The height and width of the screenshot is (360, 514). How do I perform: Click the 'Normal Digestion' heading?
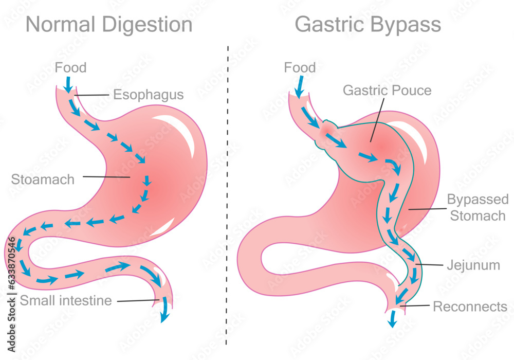(109, 25)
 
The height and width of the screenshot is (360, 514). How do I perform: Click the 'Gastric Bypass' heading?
(368, 25)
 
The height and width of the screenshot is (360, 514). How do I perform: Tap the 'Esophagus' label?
(148, 95)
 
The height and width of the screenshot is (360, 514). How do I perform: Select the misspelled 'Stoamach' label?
(43, 179)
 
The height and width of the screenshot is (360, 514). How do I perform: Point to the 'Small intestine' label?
(66, 300)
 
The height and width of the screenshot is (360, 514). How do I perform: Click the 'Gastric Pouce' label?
(387, 91)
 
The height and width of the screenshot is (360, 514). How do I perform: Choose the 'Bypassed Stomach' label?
(478, 207)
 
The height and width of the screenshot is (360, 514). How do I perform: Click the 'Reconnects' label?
(470, 307)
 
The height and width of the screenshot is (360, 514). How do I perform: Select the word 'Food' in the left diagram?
(70, 67)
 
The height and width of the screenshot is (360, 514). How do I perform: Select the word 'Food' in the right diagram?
(300, 67)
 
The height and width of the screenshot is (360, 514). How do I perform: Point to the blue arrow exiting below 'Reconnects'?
(393, 320)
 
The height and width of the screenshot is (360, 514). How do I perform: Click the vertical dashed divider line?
(227, 206)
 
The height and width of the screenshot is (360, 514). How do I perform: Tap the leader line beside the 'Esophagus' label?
(93, 95)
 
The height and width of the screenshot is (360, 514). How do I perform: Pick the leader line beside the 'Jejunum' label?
(430, 265)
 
